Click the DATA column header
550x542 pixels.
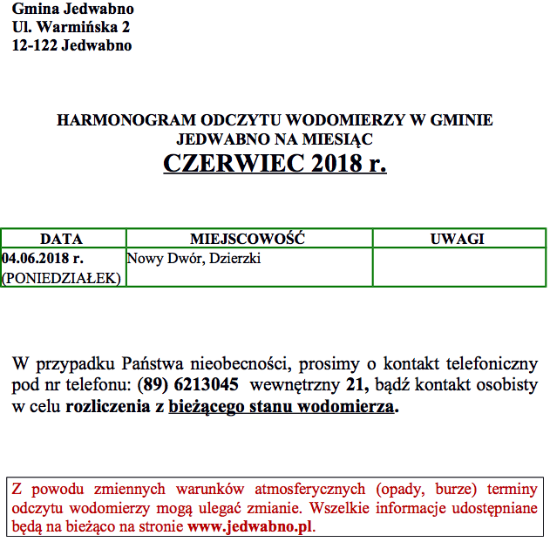tap(62, 239)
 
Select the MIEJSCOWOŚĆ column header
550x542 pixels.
tap(248, 239)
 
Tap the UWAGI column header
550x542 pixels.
tap(457, 239)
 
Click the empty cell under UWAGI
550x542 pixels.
tap(457, 268)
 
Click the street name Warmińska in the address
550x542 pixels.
tap(76, 28)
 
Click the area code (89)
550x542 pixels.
tap(153, 384)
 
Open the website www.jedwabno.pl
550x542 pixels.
tap(250, 526)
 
